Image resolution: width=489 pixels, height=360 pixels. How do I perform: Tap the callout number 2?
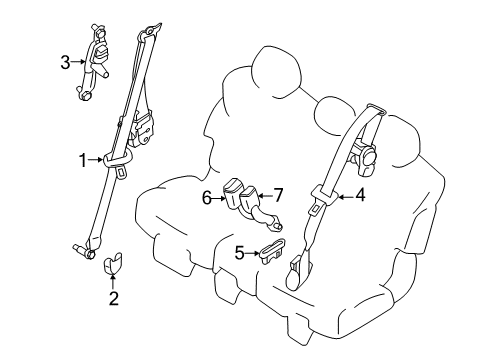coord(113,297)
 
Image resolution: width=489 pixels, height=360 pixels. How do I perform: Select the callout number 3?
coord(65,63)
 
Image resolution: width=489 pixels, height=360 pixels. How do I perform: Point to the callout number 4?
coord(360,196)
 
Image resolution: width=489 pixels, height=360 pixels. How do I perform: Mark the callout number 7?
coord(279,193)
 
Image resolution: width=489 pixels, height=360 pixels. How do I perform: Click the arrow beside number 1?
coord(98,157)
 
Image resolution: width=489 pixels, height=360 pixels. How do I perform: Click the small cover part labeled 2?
coord(113,263)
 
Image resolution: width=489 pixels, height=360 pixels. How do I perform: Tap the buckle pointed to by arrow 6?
coord(233,193)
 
